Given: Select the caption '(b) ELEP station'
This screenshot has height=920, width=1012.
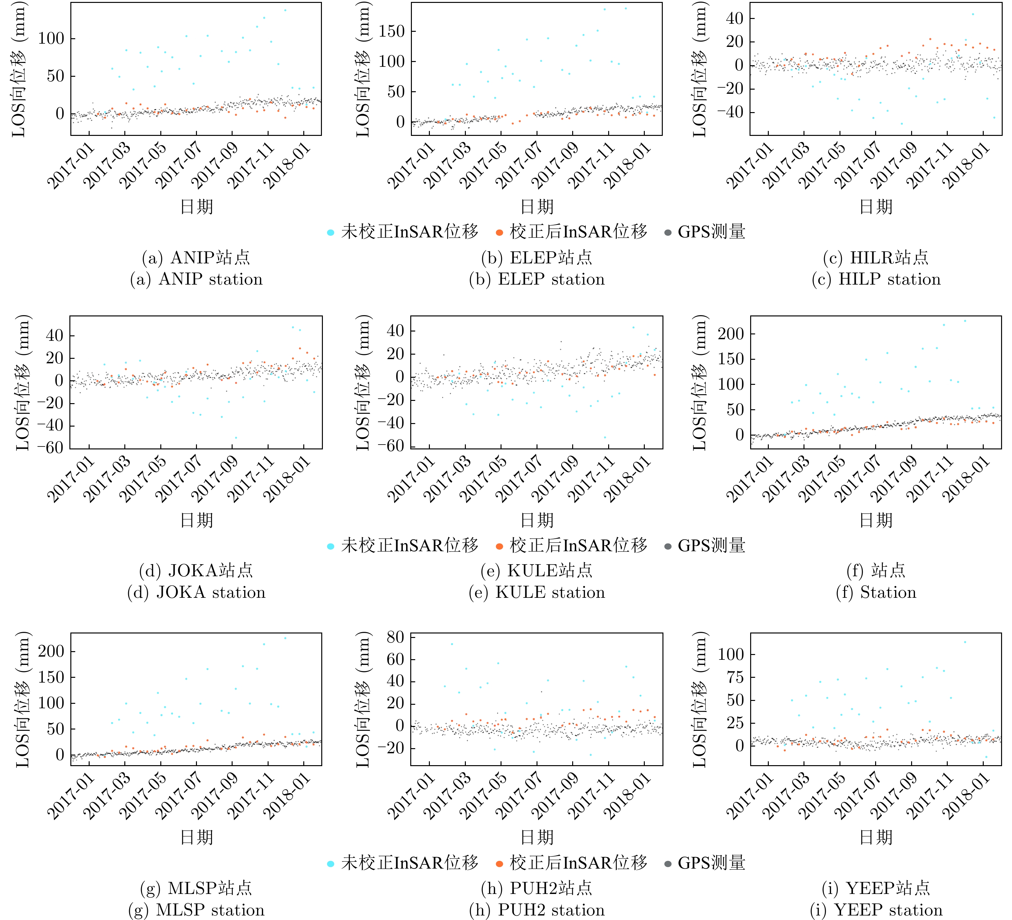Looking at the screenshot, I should (x=537, y=279).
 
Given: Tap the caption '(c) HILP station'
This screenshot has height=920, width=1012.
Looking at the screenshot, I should (x=876, y=279).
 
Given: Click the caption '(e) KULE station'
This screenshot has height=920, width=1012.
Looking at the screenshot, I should (x=537, y=592).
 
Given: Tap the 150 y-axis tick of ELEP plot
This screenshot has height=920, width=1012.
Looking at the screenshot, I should (x=392, y=31).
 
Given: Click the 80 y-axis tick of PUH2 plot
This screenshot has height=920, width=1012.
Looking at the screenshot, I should (x=395, y=637).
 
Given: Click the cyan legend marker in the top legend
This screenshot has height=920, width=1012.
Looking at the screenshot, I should (x=330, y=232).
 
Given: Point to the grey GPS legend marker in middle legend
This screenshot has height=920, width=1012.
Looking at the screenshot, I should (x=668, y=546).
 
